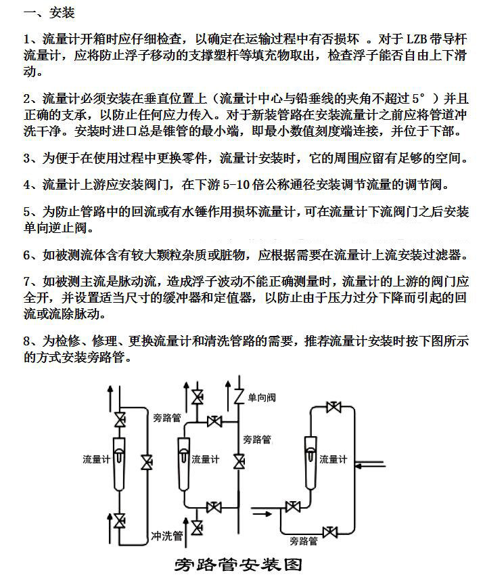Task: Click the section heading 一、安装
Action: click(x=48, y=13)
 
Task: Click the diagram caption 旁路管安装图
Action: click(x=237, y=564)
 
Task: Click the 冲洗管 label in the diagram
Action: click(x=167, y=536)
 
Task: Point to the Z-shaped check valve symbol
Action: click(x=238, y=396)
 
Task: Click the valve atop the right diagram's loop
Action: click(x=332, y=407)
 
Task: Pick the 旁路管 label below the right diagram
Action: click(x=304, y=540)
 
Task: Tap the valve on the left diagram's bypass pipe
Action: click(x=147, y=464)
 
